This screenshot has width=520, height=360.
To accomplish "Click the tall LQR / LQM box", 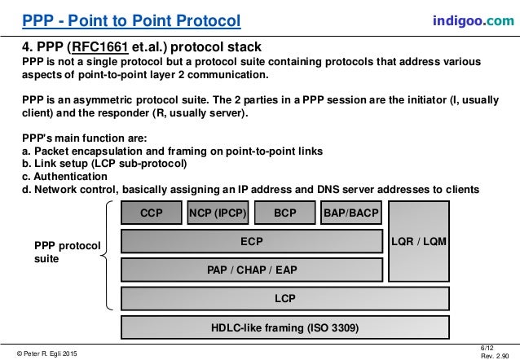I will click(x=420, y=241).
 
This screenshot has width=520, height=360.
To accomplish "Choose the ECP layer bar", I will click(x=252, y=241).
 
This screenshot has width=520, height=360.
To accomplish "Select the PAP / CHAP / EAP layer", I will click(x=252, y=270).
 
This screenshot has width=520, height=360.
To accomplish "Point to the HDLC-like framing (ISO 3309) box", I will click(x=284, y=328).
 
